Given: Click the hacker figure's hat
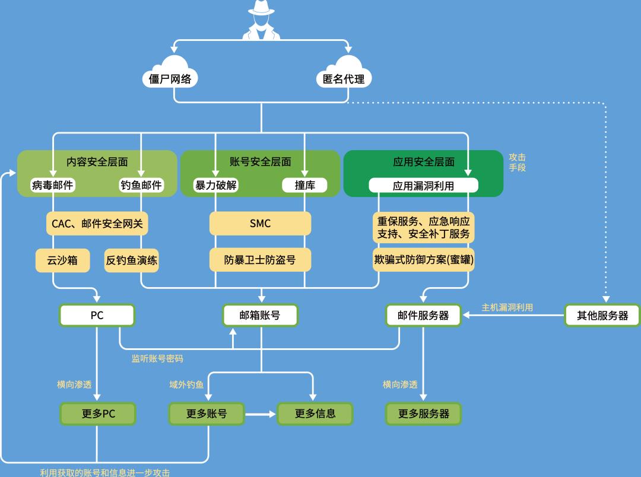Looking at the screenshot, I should point(261,7).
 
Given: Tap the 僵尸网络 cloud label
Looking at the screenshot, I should point(170,79).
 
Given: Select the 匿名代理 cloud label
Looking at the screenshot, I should point(344,79).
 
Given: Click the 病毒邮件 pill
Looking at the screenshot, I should point(53,185).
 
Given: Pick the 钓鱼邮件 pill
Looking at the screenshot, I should point(141,185).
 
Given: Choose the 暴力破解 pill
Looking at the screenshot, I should point(215,185).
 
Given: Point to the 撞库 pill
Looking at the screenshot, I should point(305,185).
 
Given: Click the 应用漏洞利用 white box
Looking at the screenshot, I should point(423,186).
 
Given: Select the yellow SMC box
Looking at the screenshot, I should point(260,224).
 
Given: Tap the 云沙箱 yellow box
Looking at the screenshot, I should point(62,260).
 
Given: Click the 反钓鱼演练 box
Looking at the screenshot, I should point(132,260).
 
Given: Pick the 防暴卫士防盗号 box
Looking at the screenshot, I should point(260,260).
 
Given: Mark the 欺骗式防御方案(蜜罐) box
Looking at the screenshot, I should point(424,260).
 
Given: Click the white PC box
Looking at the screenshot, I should point(97,316).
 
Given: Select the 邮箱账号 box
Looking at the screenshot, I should point(260,316).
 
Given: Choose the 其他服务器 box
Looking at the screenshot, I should point(602,316).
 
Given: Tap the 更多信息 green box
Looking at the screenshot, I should point(315,414).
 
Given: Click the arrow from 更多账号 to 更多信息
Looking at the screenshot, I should point(261,414).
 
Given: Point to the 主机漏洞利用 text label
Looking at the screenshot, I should point(507,307).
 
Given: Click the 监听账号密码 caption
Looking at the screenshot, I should point(157,358).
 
